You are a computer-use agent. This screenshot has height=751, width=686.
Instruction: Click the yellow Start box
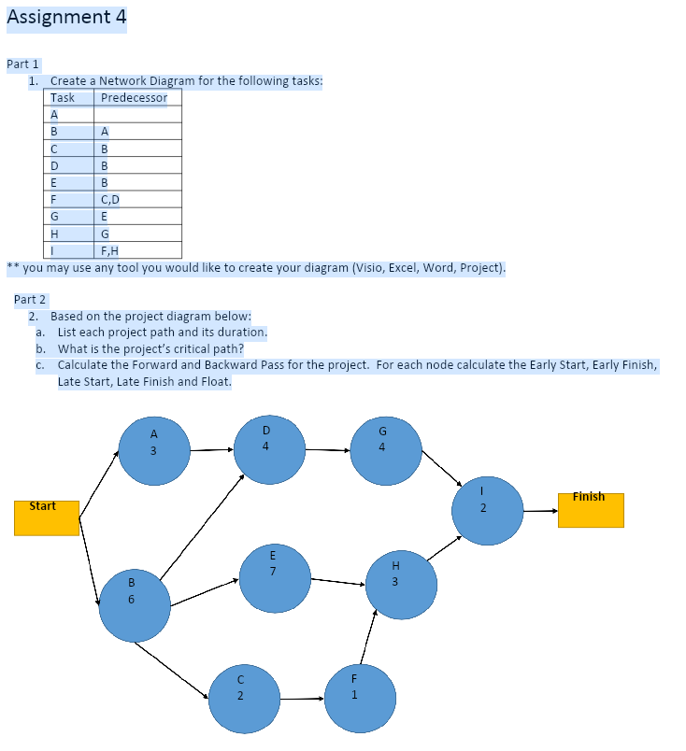pos(47,517)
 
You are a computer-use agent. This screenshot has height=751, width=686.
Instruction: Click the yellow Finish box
pos(591,509)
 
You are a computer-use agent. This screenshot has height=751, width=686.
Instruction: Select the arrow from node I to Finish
pos(540,511)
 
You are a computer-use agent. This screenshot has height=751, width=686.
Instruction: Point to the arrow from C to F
pos(300,698)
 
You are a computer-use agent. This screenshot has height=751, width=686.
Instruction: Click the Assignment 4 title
pos(66,17)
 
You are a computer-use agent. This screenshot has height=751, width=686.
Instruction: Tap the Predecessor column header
pos(134,98)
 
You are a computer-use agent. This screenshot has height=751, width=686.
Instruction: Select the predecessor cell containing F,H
pos(110,250)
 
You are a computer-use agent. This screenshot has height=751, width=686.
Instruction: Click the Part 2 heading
pos(30,300)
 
